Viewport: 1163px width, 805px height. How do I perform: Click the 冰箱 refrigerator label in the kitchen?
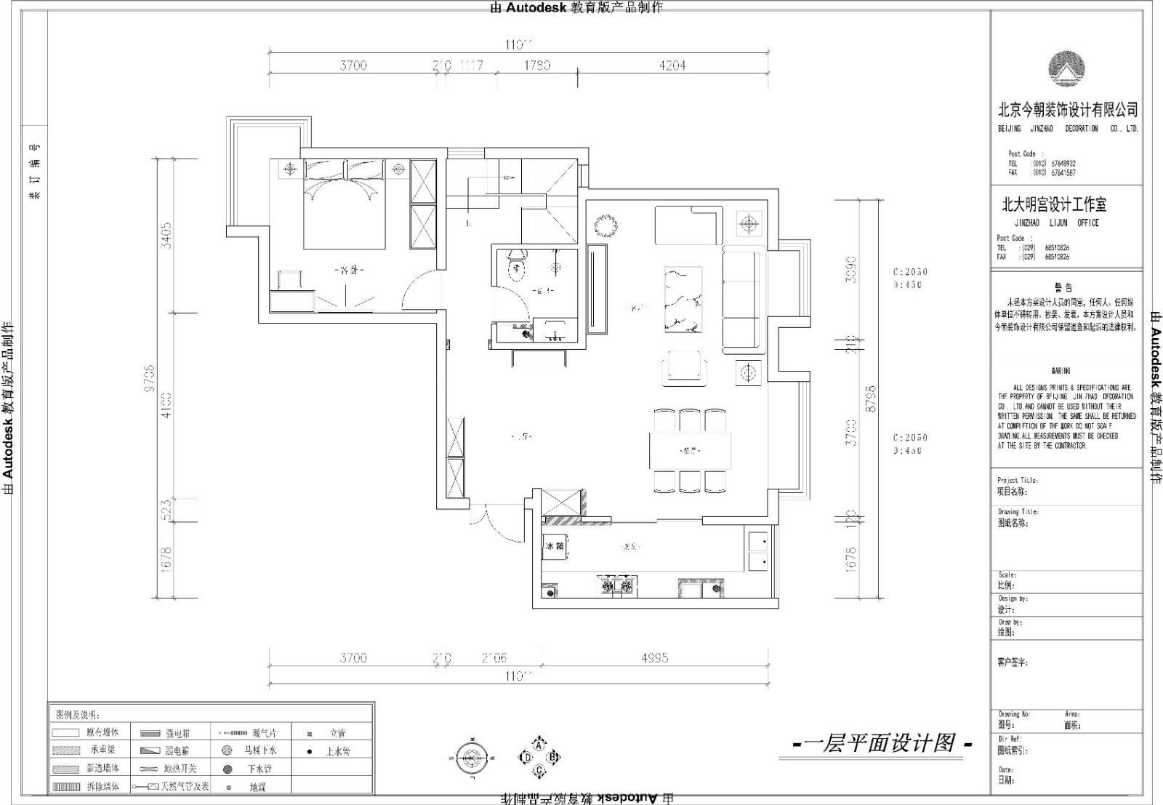click(x=555, y=545)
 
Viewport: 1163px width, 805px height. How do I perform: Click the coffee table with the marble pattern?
click(x=683, y=300)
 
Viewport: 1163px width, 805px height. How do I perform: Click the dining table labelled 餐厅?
click(x=691, y=451)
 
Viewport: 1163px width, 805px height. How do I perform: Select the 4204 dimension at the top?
click(x=672, y=65)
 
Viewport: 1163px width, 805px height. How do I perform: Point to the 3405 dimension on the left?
click(x=166, y=236)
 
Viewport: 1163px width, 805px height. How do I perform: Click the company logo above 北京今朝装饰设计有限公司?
click(x=1067, y=70)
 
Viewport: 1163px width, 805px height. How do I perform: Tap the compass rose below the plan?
click(x=472, y=757)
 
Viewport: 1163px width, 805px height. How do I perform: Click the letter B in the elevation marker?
click(x=552, y=757)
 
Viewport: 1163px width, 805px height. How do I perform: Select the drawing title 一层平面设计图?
click(x=880, y=743)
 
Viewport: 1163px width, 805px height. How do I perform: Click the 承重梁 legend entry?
click(x=102, y=750)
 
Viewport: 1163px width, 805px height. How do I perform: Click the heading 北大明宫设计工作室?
click(x=1054, y=205)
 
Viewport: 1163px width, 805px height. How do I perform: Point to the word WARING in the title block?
click(x=1061, y=371)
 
